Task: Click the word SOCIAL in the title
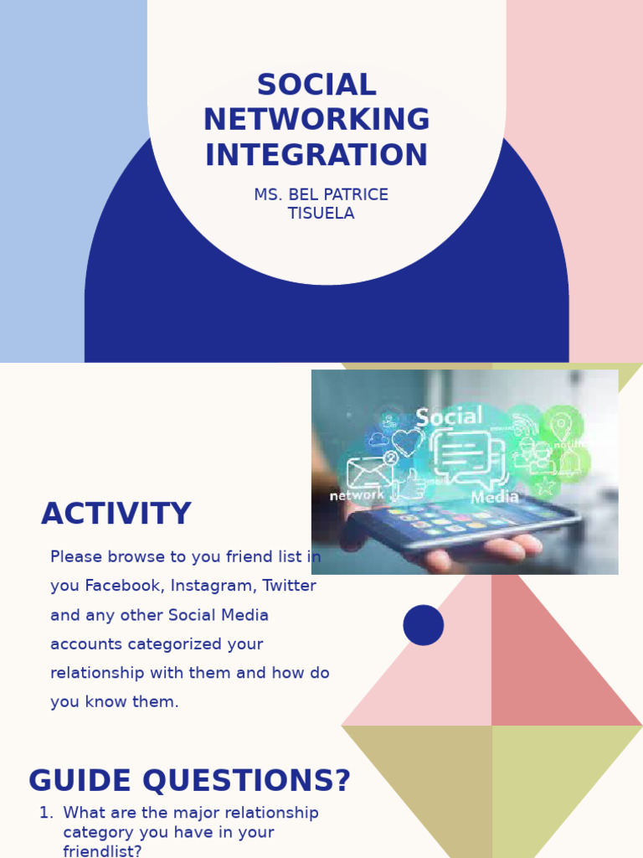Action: click(x=316, y=85)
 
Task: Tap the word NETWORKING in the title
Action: click(x=316, y=121)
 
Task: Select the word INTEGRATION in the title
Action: click(x=316, y=156)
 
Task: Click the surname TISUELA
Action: click(x=321, y=214)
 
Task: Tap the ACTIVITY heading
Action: click(x=116, y=514)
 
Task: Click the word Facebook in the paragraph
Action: click(x=123, y=587)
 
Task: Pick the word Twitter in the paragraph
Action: click(x=290, y=587)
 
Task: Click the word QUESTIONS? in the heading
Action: click(x=247, y=781)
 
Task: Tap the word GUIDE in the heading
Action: click(x=80, y=781)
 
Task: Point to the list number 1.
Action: click(x=44, y=813)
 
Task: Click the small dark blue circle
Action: click(x=423, y=625)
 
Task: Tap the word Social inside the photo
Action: click(x=449, y=417)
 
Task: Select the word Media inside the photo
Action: click(x=495, y=498)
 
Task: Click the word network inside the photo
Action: click(x=357, y=496)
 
